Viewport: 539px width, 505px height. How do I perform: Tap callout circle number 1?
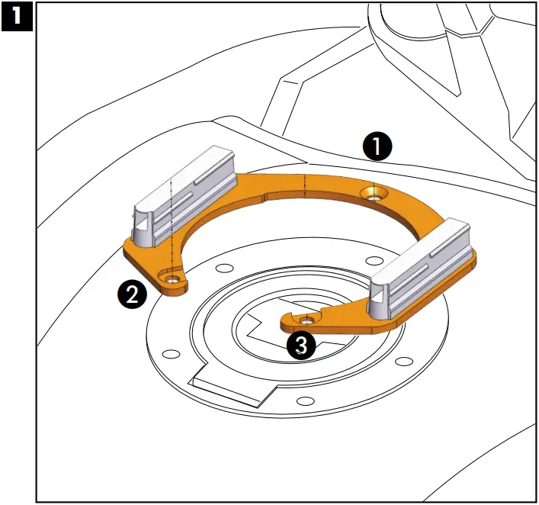378,145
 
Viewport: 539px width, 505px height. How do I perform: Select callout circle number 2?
133,294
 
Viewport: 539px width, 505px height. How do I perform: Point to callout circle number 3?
301,346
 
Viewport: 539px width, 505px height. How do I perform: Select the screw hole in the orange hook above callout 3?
307,319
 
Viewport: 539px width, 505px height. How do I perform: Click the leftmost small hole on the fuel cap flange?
172,354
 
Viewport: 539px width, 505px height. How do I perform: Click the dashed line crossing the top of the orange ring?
304,186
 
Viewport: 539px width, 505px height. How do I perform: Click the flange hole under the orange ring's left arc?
223,269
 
